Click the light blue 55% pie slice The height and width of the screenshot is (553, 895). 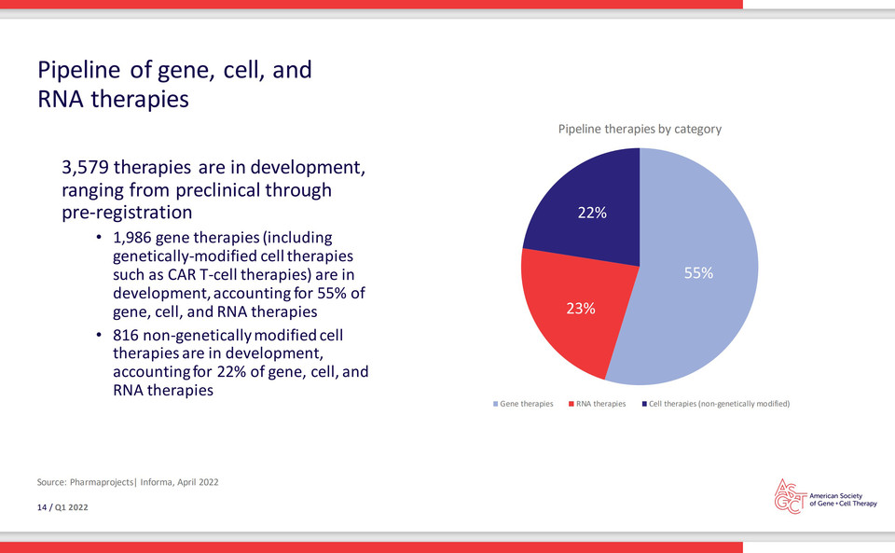click(699, 273)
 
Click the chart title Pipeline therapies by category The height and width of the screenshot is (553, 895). click(640, 129)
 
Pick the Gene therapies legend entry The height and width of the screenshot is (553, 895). click(523, 404)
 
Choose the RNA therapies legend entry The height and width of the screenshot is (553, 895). click(597, 404)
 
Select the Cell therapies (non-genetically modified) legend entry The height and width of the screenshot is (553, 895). click(716, 404)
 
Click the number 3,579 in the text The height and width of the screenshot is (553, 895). click(85, 167)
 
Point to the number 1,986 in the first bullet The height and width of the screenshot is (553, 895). click(131, 238)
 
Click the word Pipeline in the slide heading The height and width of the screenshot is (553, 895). click(78, 70)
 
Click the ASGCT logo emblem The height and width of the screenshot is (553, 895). click(790, 496)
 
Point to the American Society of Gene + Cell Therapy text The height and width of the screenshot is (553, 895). click(843, 500)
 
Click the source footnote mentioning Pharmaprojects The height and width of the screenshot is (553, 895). click(128, 482)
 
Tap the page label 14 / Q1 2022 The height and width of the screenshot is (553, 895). click(62, 507)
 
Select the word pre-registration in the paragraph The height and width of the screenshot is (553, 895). click(127, 213)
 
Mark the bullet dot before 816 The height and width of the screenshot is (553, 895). click(100, 335)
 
